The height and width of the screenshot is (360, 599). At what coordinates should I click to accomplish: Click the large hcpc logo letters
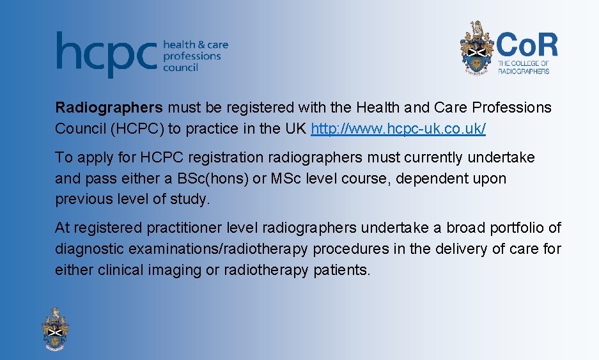coord(106,54)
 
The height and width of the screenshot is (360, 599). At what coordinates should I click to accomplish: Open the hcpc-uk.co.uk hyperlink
coord(398,129)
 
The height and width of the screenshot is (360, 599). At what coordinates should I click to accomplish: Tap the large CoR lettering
coord(527,46)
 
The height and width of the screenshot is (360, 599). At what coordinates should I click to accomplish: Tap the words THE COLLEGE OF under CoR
coord(523,64)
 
